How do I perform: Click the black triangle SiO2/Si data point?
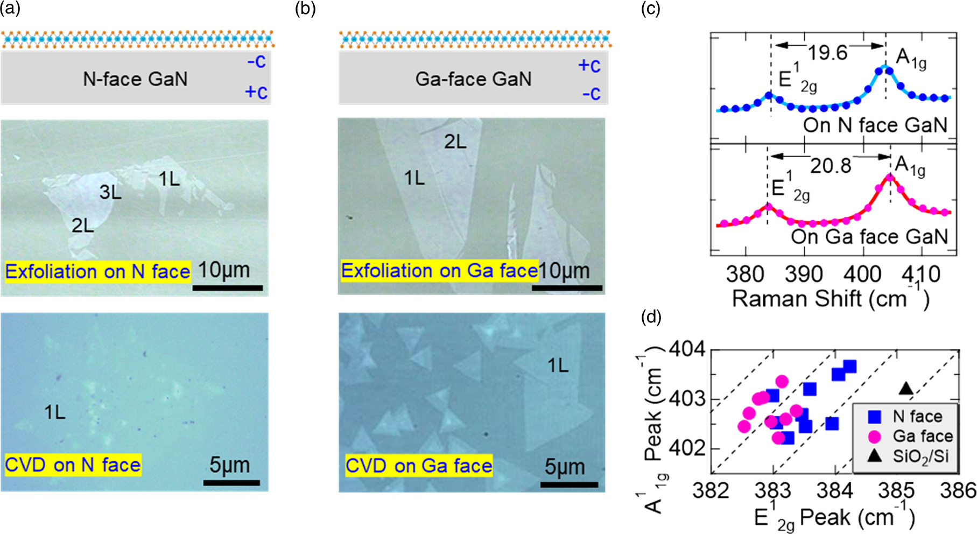coord(906,388)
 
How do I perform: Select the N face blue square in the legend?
coord(875,416)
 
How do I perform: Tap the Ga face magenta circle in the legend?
coord(875,436)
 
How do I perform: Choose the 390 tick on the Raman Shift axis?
coord(804,274)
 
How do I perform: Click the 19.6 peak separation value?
coord(827,53)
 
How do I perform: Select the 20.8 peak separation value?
coord(831,166)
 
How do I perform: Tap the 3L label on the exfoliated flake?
coord(110,192)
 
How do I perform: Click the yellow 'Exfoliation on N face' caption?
coord(97,271)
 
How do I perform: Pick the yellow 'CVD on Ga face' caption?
coord(419,466)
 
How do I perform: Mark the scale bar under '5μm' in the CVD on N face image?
coord(231,483)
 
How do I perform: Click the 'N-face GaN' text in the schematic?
coord(135,79)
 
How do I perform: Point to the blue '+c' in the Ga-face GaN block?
coord(589,66)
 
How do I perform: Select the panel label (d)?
coord(651,317)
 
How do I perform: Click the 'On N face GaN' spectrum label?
coord(875,125)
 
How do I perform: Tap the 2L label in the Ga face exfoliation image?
coord(455,142)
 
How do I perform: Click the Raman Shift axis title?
coord(830,299)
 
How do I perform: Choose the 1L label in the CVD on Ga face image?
coord(558,366)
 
